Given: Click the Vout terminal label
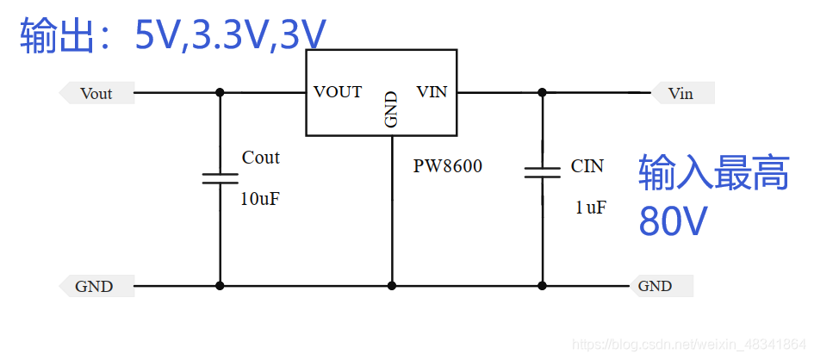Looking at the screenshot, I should click(96, 93).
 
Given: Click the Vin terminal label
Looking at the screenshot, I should click(680, 93).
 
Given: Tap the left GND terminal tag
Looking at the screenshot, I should click(94, 286).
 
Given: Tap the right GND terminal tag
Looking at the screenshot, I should click(656, 286).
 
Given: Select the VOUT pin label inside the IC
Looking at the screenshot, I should click(338, 92).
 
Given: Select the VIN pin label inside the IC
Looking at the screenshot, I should click(432, 92).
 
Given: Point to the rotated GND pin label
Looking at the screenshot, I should click(392, 109).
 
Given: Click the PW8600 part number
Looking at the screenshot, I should click(447, 166).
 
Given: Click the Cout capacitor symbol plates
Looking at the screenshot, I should click(220, 178).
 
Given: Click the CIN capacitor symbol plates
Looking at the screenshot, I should click(543, 172).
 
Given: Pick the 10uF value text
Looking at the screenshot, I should click(260, 199).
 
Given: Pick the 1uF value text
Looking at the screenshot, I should click(591, 207).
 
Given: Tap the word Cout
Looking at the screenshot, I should click(260, 158).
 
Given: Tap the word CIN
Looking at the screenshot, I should click(587, 166).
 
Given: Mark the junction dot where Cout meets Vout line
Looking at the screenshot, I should click(220, 92).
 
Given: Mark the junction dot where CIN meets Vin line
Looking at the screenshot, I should click(543, 92).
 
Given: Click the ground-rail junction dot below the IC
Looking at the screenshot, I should click(392, 285).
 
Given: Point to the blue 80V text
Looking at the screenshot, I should click(673, 221).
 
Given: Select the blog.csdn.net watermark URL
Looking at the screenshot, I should click(689, 344).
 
